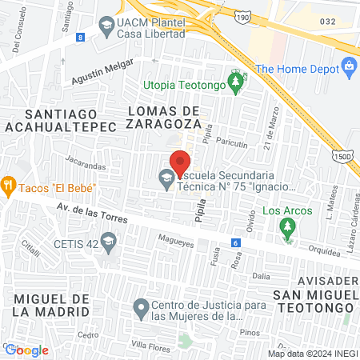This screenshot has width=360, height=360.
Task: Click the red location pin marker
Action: click(180, 162)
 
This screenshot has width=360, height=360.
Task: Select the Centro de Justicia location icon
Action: click(141, 307)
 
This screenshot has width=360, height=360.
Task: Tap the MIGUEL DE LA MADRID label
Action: click(50, 305)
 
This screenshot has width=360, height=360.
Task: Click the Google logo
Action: click(26, 350)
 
